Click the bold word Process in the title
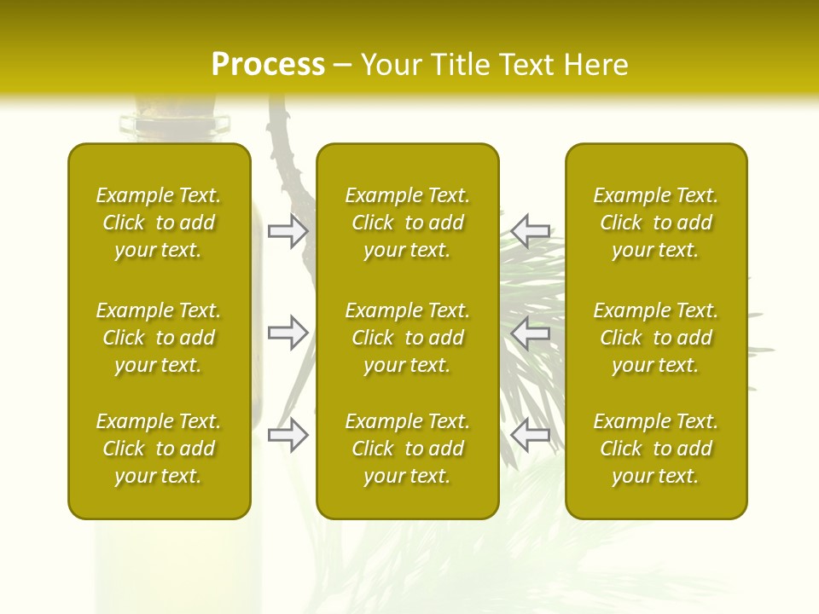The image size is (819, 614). click(268, 65)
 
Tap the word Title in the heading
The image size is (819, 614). click(457, 65)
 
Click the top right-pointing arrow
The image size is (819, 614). click(288, 231)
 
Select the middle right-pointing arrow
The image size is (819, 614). click(288, 333)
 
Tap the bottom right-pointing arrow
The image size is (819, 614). click(288, 436)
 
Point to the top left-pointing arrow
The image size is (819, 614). click(531, 231)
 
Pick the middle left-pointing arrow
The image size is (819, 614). click(531, 333)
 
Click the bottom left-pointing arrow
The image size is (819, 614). click(531, 436)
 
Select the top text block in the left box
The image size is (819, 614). click(159, 223)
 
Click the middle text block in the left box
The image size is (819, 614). click(159, 338)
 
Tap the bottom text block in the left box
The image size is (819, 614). click(159, 449)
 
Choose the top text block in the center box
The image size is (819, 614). click(407, 223)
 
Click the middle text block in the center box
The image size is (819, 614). click(407, 338)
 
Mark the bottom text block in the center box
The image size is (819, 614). click(407, 449)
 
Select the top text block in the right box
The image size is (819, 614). click(655, 223)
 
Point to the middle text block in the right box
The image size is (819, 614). click(655, 338)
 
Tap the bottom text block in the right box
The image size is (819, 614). click(655, 449)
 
